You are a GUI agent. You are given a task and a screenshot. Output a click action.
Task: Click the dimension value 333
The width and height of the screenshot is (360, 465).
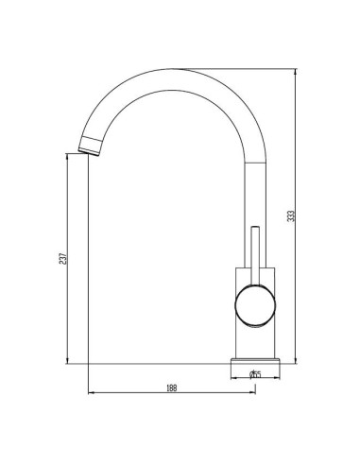point(292,216)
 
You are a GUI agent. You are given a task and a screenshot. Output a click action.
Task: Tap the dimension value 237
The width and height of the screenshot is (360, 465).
point(63,258)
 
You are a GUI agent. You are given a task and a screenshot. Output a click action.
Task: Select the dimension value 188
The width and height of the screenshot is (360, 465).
point(172,387)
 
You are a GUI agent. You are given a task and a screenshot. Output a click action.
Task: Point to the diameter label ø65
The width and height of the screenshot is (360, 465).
point(255,374)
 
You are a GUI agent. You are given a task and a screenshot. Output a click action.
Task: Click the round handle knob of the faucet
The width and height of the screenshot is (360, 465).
point(255,305)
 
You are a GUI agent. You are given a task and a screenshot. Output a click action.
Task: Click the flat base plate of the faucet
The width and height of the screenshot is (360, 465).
point(255,361)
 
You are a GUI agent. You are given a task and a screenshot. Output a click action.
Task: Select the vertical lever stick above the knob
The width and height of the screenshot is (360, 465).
point(255,256)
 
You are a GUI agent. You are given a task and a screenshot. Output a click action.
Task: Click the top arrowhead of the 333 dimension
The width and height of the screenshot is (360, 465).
point(295,72)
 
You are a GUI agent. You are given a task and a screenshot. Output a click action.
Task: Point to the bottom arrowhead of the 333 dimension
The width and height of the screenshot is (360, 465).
point(295,360)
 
